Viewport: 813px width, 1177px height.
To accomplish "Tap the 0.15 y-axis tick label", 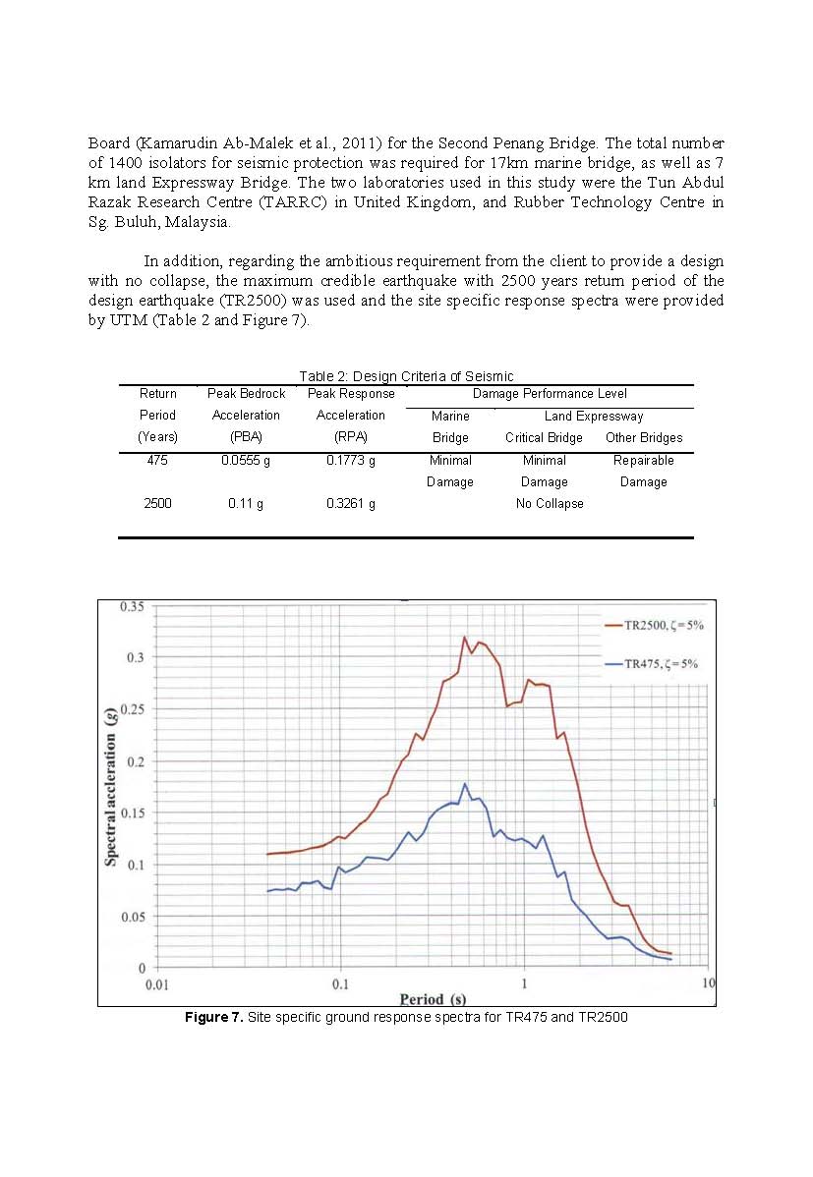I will coord(132,813).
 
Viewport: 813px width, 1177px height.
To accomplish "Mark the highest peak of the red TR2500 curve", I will coord(464,637).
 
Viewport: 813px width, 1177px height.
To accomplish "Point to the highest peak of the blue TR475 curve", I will coord(464,784).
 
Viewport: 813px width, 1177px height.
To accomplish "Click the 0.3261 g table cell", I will coord(350,503).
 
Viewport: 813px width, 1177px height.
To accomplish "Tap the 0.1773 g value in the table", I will coord(350,460).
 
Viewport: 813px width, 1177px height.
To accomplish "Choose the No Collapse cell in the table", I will coord(550,503).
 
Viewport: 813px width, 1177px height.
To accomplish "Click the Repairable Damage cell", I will coord(643,471).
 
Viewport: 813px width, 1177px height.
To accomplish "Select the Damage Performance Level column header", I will coord(550,393).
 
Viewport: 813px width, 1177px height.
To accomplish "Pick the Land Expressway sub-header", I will coord(594,416).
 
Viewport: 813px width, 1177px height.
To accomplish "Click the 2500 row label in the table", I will coord(157,503).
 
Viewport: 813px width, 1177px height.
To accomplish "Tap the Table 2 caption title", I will coord(406,376).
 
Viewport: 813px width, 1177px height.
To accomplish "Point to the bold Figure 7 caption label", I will coord(213,1017).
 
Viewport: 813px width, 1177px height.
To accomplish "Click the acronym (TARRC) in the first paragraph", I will coord(286,202).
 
